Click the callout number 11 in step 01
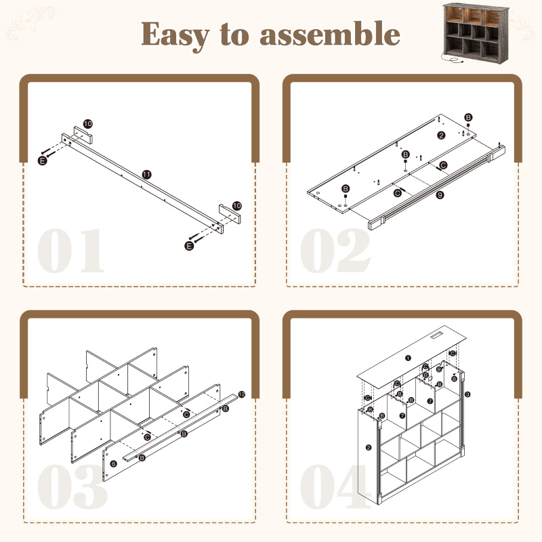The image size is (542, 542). pyautogui.click(x=146, y=174)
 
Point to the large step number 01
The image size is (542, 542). pyautogui.click(x=71, y=250)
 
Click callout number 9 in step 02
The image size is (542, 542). pyautogui.click(x=440, y=196)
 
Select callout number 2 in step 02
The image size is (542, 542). pyautogui.click(x=441, y=135)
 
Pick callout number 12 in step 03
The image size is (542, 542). pyautogui.click(x=241, y=394)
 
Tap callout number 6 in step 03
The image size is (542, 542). pyautogui.click(x=114, y=462)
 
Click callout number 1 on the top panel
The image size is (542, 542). pyautogui.click(x=408, y=357)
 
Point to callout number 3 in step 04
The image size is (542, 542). pyautogui.click(x=467, y=394)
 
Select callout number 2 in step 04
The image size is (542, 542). pyautogui.click(x=369, y=447)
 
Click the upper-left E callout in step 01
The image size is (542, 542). pyautogui.click(x=42, y=160)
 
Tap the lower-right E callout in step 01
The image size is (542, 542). pyautogui.click(x=189, y=246)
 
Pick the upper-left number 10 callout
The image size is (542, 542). pyautogui.click(x=88, y=125)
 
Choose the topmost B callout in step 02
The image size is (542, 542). pyautogui.click(x=468, y=118)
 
